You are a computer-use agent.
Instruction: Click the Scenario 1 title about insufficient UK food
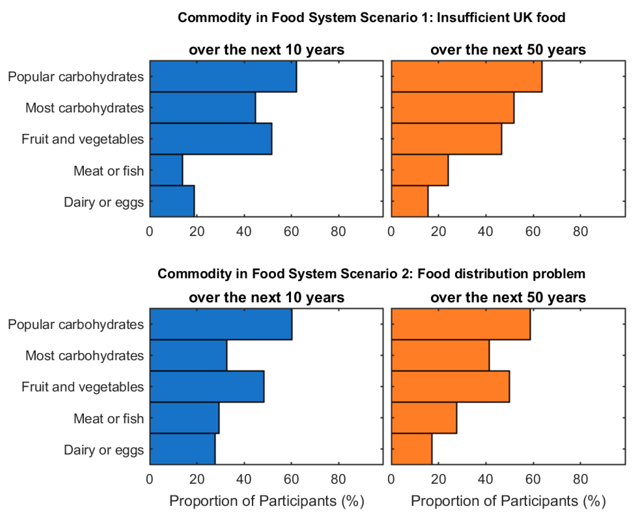tap(371, 17)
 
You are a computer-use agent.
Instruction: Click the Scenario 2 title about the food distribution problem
tap(371, 274)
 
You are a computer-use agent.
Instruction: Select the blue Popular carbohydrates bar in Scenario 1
tap(223, 77)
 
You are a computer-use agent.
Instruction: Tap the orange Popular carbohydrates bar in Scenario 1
tap(466, 77)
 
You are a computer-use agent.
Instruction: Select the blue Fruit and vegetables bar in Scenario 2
tap(207, 387)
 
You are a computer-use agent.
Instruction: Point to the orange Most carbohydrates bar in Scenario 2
tap(440, 356)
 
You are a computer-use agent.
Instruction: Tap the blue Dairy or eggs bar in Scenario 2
tap(182, 449)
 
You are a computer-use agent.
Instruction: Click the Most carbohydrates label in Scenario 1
tap(84, 108)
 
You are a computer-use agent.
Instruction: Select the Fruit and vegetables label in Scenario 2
tap(83, 387)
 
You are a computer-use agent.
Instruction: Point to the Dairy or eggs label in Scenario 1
tap(104, 202)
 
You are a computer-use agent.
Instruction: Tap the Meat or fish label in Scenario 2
tap(109, 419)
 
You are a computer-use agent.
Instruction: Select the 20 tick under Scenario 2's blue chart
tap(197, 479)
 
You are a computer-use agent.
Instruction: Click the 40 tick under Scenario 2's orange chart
tap(485, 479)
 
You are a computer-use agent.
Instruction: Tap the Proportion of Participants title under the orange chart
tap(508, 501)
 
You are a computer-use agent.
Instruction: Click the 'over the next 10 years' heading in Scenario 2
tap(266, 297)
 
